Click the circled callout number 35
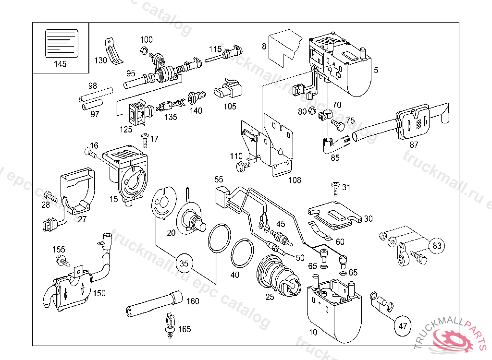[184, 263]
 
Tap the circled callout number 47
[403, 326]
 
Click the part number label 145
[60, 64]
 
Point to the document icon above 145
[61, 43]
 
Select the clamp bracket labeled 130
[114, 51]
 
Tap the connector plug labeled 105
[229, 89]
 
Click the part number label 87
[414, 145]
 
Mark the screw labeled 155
[63, 261]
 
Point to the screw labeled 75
[338, 126]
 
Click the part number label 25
[270, 297]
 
